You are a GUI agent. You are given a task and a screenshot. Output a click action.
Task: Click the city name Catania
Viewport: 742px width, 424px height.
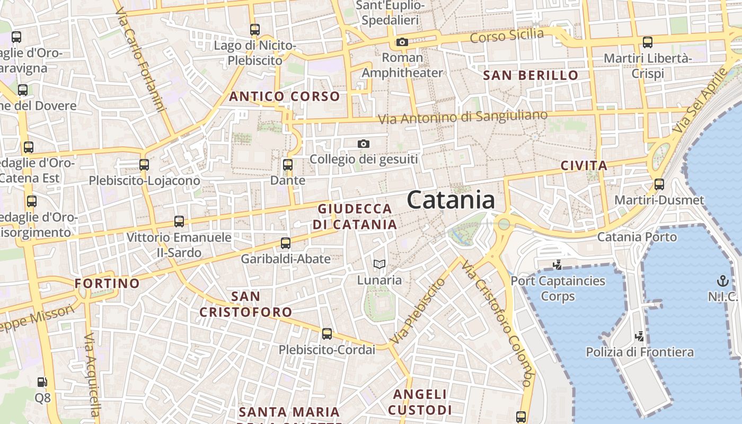click(451, 200)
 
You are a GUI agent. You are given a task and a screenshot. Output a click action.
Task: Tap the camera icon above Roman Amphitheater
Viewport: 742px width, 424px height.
click(402, 42)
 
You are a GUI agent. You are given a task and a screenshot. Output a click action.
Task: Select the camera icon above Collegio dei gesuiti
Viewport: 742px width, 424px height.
click(364, 144)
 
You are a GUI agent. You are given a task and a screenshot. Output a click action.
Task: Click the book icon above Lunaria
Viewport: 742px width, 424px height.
click(379, 264)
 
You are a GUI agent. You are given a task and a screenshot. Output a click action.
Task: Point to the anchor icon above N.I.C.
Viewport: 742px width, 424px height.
click(722, 280)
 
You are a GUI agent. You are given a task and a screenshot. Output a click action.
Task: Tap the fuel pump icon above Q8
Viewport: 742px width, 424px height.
click(42, 382)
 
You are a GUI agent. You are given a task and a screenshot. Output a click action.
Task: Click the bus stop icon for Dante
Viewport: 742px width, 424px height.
click(288, 165)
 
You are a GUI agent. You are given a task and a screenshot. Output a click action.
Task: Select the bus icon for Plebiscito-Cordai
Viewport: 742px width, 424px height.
click(327, 334)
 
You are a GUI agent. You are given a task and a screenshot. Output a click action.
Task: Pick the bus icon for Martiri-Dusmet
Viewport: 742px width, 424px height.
click(659, 184)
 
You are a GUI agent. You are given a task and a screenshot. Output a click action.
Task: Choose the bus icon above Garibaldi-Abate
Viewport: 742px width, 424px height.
click(286, 243)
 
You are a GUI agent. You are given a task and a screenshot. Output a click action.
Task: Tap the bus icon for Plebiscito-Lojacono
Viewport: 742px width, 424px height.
click(144, 165)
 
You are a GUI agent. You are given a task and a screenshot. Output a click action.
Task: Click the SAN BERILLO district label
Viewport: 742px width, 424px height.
click(531, 75)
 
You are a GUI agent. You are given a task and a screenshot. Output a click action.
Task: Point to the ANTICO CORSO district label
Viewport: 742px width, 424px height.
click(284, 96)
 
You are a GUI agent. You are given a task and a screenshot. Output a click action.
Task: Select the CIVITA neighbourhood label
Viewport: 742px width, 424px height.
click(584, 166)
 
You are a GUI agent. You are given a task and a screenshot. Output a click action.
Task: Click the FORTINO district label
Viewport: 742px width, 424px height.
click(107, 283)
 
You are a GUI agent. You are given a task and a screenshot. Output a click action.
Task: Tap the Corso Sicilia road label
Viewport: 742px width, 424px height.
click(507, 36)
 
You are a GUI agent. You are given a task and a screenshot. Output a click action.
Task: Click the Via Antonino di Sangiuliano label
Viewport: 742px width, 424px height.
click(463, 117)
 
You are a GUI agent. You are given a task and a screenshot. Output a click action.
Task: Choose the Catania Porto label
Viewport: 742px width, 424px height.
click(637, 237)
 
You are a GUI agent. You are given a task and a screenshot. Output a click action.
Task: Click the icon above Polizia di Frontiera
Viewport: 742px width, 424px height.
click(640, 336)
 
